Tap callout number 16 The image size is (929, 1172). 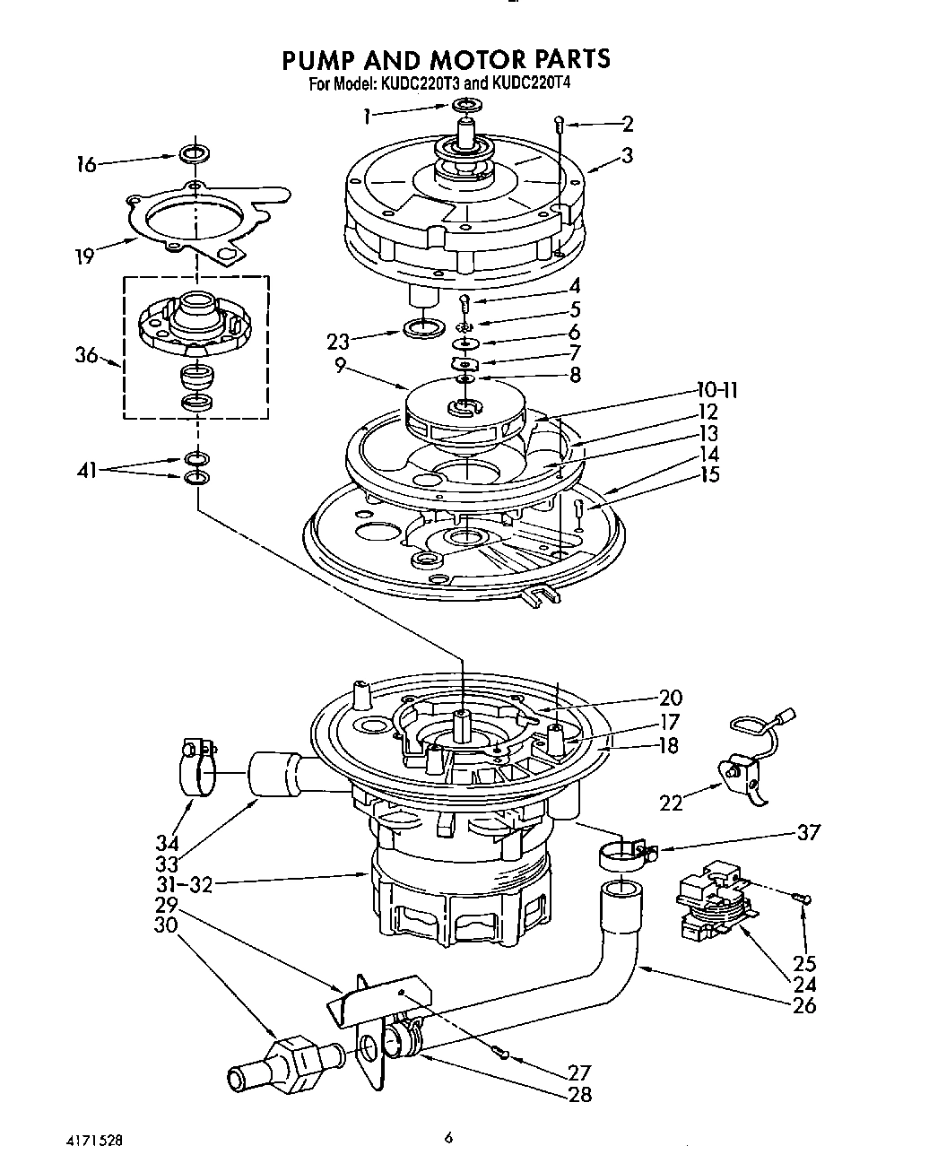[x=86, y=165]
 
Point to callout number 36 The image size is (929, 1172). [x=85, y=356]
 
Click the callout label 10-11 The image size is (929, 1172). [x=718, y=390]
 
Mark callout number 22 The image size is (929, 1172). [x=671, y=803]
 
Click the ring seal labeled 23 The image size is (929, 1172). [x=424, y=327]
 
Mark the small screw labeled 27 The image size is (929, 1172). [x=502, y=1055]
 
